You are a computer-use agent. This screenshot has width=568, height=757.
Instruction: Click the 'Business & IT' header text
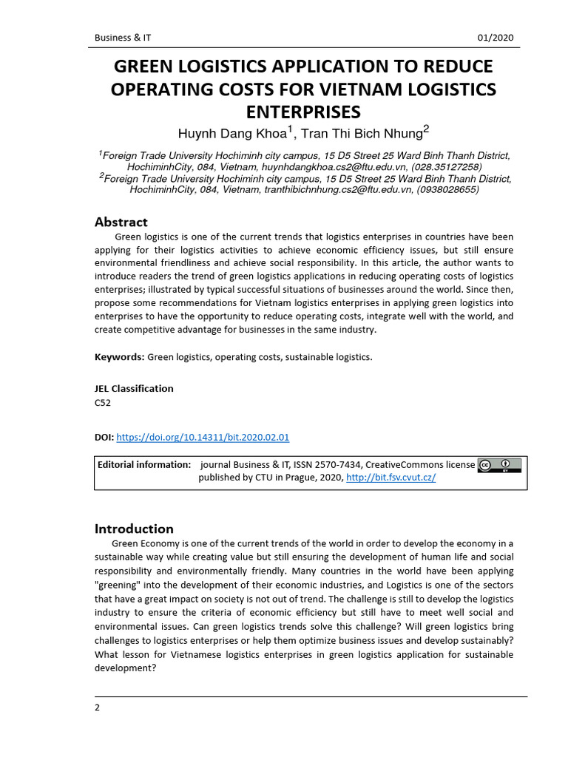click(123, 38)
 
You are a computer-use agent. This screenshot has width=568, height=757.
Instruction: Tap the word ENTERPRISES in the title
click(303, 112)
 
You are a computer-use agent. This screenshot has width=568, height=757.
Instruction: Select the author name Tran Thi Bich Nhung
click(365, 134)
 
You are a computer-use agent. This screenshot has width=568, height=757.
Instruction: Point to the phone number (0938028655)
click(448, 189)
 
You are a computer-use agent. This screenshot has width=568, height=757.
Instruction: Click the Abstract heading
click(121, 222)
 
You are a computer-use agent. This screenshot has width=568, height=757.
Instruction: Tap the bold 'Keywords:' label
click(119, 357)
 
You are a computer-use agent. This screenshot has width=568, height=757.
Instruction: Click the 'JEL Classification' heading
click(134, 388)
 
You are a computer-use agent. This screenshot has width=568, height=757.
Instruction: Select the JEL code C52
click(103, 403)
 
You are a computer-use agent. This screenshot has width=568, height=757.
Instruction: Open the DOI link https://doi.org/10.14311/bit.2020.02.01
click(203, 437)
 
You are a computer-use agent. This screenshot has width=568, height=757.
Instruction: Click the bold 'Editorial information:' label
click(144, 464)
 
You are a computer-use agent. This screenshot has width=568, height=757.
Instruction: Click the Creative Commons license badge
click(500, 465)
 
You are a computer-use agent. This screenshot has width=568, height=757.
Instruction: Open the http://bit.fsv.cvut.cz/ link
click(390, 478)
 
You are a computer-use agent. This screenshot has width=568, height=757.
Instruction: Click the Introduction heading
click(134, 529)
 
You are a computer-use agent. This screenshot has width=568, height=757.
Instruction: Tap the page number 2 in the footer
click(97, 707)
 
